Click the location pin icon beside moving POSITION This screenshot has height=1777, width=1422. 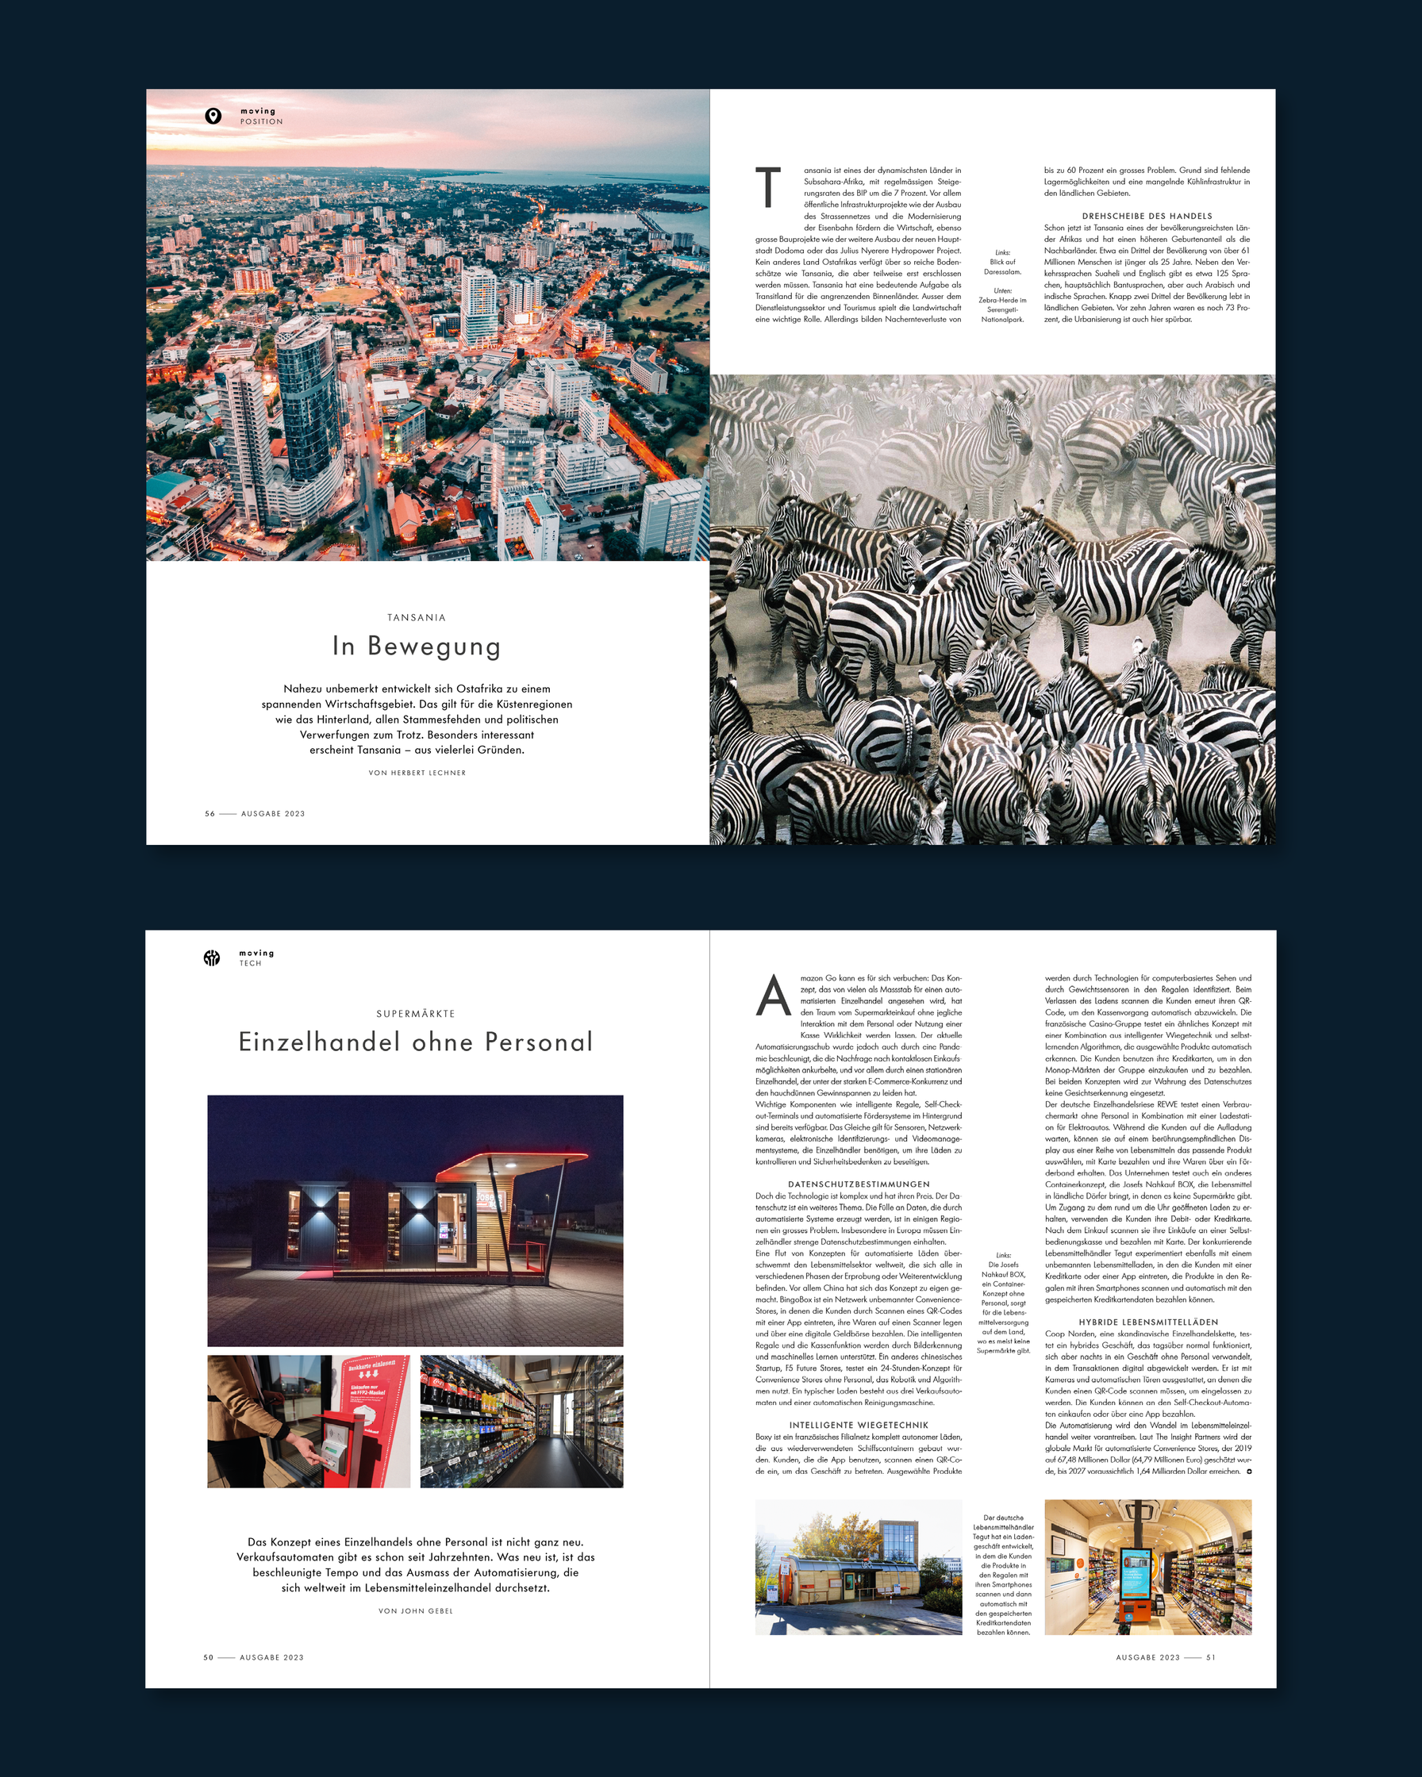213,116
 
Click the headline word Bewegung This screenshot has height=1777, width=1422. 433,647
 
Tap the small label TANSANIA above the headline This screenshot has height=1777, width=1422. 417,617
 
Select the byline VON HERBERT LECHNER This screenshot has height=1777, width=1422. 417,773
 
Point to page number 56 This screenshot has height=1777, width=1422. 209,813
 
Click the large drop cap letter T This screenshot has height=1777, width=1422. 768,187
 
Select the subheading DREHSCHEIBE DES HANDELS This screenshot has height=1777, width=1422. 1147,216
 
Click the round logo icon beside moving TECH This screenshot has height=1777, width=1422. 212,958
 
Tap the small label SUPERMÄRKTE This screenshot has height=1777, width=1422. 416,1014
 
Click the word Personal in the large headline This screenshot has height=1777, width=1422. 538,1042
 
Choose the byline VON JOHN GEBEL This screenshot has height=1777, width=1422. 416,1610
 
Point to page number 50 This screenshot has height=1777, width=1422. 209,1657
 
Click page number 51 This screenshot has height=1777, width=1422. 1210,1657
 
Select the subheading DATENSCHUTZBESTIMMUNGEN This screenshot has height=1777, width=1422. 858,1184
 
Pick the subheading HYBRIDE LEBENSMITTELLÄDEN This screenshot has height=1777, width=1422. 1147,1322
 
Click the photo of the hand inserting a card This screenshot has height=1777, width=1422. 309,1421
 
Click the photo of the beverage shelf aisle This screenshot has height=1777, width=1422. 521,1421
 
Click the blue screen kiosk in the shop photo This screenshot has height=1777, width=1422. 1135,1569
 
